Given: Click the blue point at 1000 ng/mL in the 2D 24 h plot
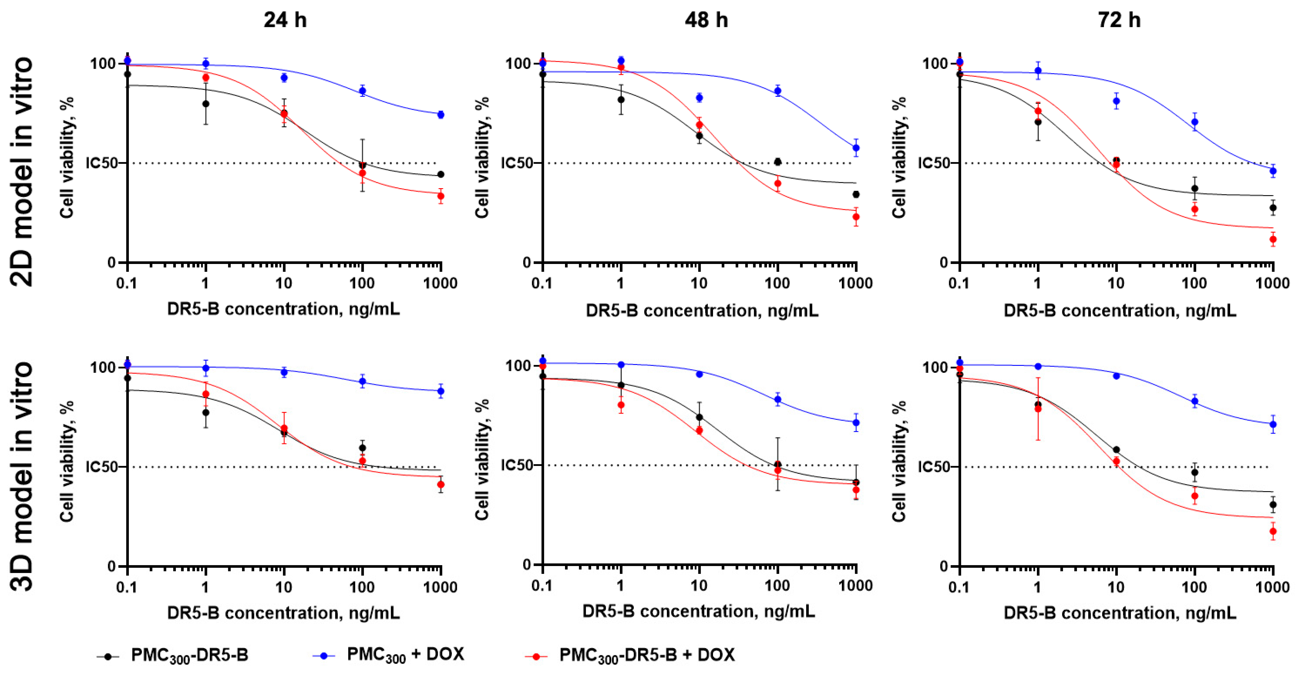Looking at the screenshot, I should point(441,115).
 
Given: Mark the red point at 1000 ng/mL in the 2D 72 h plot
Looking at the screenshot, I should point(1273,240).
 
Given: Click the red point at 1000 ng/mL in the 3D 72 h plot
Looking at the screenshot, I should point(1273,531).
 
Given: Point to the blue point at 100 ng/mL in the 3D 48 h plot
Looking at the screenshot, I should point(778,399).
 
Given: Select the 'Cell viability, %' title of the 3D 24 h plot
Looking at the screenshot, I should point(67,461).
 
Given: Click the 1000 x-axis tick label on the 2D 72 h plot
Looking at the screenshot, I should point(1273,283).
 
